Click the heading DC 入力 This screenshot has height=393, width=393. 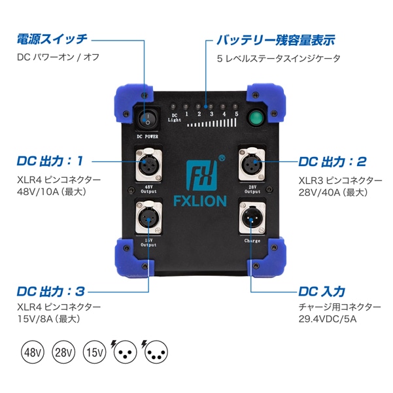(x=322, y=291)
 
